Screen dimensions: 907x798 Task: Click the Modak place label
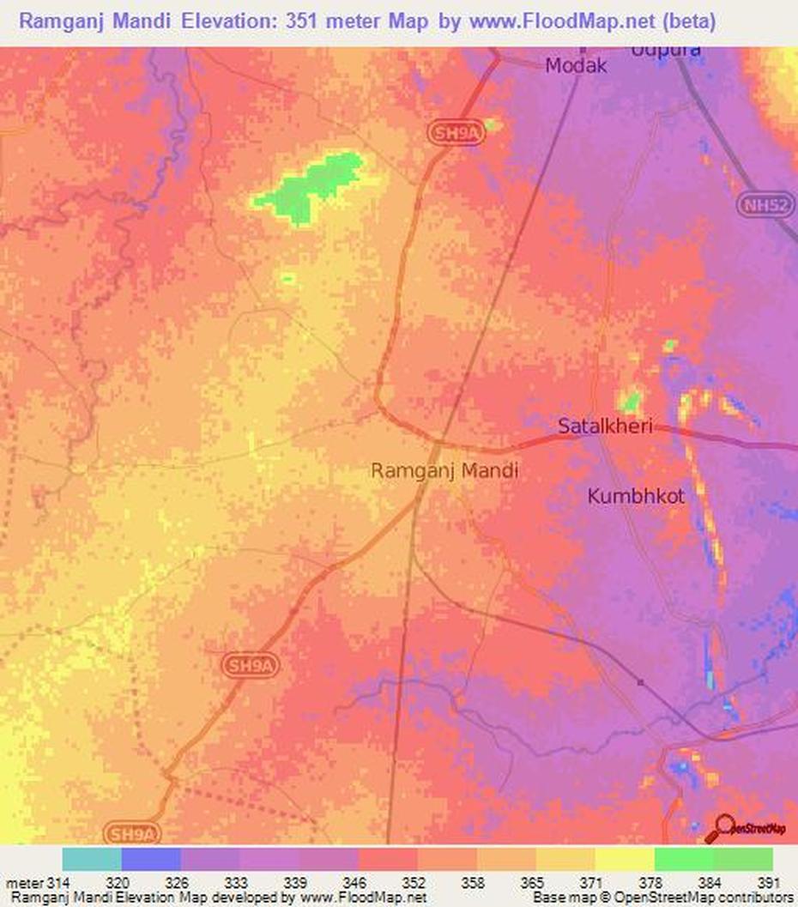coord(577,66)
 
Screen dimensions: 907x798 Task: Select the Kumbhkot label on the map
coord(636,496)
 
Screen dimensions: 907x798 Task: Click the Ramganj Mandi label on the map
coord(444,470)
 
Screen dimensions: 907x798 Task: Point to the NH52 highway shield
coord(763,204)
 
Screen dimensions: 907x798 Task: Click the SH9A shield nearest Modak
coord(450,131)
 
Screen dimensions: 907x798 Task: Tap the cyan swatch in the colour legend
coord(92,860)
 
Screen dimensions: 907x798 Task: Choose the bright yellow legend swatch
coord(624,860)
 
